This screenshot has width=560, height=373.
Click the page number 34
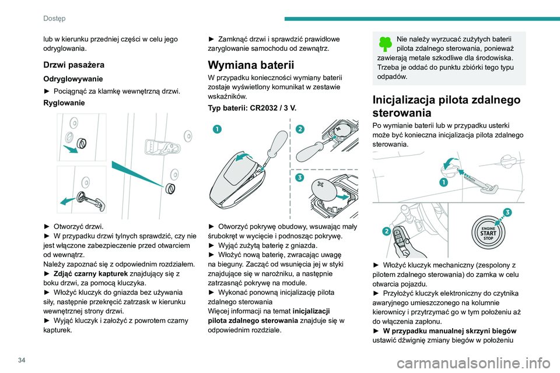click(x=22, y=360)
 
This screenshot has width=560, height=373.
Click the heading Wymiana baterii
click(x=251, y=65)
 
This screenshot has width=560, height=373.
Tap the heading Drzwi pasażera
click(x=74, y=65)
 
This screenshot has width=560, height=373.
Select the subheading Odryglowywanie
click(x=73, y=79)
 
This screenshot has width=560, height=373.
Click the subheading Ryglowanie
click(x=64, y=103)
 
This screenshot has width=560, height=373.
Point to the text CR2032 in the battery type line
click(x=264, y=108)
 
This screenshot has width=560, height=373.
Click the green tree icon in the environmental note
click(x=385, y=44)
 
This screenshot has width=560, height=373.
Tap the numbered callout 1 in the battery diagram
click(x=217, y=129)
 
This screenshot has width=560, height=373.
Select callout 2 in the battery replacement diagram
click(x=300, y=129)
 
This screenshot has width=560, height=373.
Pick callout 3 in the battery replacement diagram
click(x=300, y=177)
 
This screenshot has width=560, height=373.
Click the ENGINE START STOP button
click(x=488, y=233)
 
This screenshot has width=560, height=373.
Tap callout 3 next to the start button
click(x=507, y=213)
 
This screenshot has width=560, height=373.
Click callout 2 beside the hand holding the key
click(x=386, y=231)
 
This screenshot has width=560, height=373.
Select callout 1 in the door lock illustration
click(x=443, y=182)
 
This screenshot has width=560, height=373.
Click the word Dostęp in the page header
click(x=54, y=18)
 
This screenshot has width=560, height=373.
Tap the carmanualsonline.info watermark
click(x=474, y=364)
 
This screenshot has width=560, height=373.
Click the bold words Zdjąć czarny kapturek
click(x=91, y=274)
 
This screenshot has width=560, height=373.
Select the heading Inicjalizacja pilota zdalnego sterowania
click(x=446, y=106)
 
